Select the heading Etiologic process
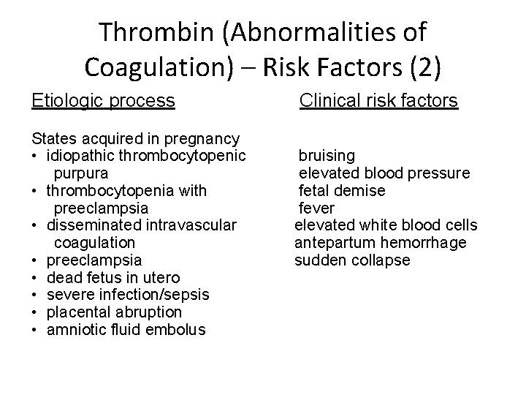tap(104, 101)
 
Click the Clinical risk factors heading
tap(379, 101)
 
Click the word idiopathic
tap(81, 156)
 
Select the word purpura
tap(81, 173)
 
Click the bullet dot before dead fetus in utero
tap(35, 278)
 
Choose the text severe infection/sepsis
tap(127, 295)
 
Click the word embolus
tap(175, 330)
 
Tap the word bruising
tap(327, 156)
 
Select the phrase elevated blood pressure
tap(384, 173)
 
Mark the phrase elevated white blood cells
tap(386, 225)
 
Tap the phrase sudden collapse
tap(352, 260)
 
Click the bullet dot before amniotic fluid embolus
tap(35, 330)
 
